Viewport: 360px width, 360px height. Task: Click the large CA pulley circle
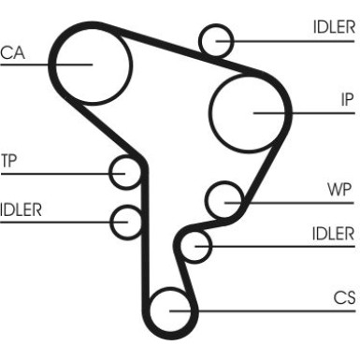coord(90,64)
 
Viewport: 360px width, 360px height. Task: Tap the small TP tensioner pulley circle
coord(125,172)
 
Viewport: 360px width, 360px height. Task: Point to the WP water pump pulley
coord(224,198)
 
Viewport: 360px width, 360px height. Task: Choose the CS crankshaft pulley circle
coord(169,308)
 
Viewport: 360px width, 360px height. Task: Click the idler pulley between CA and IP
coord(217,40)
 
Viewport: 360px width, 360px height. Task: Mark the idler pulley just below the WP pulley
coord(195,246)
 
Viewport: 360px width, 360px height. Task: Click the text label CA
coord(13,52)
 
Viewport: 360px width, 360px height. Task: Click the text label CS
coord(344,298)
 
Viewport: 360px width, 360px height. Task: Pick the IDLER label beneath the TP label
coord(21,209)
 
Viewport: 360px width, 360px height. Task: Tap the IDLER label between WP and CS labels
coord(333,235)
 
